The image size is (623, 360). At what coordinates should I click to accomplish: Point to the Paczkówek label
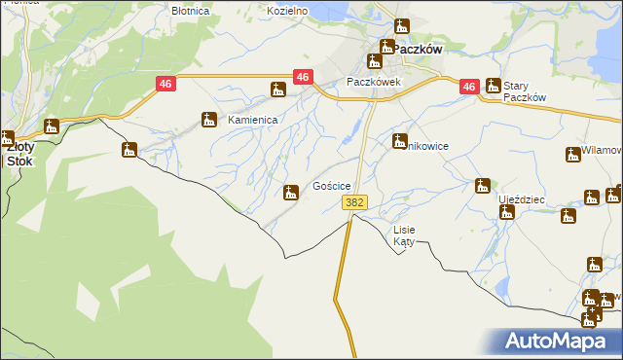pos(374,83)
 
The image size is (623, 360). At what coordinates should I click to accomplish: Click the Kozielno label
pos(287,11)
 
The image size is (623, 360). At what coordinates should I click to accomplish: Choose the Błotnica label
pos(190,11)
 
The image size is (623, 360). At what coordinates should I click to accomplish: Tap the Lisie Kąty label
pos(403,235)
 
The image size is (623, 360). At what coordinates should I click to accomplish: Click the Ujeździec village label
pos(522,198)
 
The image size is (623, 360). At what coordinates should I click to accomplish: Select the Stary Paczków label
pos(526,91)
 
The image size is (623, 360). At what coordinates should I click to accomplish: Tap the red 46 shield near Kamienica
pos(303,77)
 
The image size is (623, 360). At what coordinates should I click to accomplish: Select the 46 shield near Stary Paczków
pos(469,87)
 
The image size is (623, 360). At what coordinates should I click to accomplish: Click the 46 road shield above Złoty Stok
pos(165,85)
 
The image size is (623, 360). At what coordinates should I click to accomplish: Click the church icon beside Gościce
pos(290,193)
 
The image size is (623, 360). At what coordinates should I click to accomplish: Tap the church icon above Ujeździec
pos(482,186)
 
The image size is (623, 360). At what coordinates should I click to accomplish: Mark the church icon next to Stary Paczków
pos(494,86)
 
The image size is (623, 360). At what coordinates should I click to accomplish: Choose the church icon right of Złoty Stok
pos(52,126)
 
